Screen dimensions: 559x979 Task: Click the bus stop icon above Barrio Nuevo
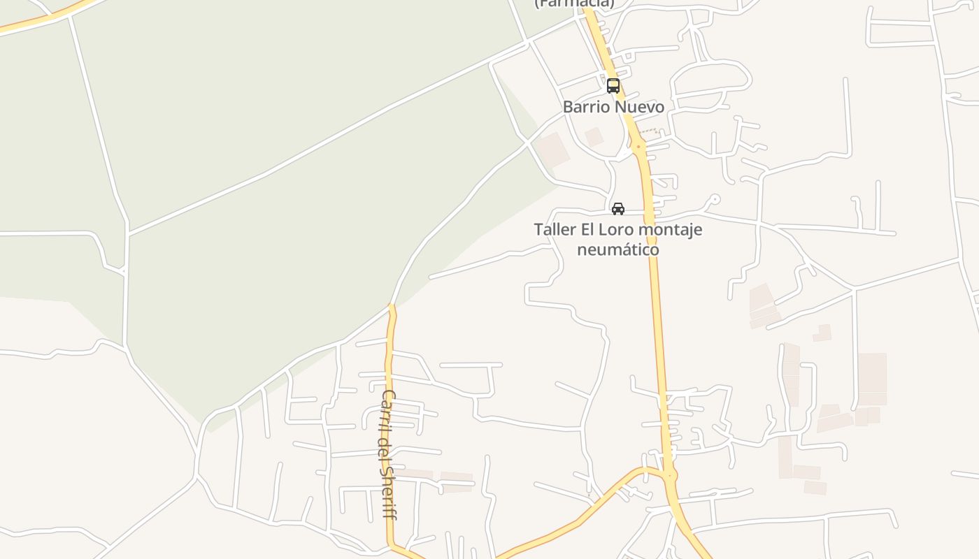pos(613,86)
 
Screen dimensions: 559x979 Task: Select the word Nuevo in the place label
pos(638,107)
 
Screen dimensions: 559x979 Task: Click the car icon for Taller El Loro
pos(618,208)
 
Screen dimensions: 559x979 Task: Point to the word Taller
pos(555,230)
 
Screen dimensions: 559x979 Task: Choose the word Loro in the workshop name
pos(617,230)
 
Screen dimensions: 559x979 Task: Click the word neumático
pos(618,249)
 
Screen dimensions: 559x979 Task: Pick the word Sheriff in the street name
pos(388,493)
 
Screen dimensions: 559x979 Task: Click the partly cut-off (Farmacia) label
pos(574,3)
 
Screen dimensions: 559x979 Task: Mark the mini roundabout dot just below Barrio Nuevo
pos(638,147)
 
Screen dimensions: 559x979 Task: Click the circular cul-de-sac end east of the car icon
pos(713,199)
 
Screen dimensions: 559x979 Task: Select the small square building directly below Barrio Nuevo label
pos(594,137)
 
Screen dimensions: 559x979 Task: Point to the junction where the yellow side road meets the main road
pos(670,477)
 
